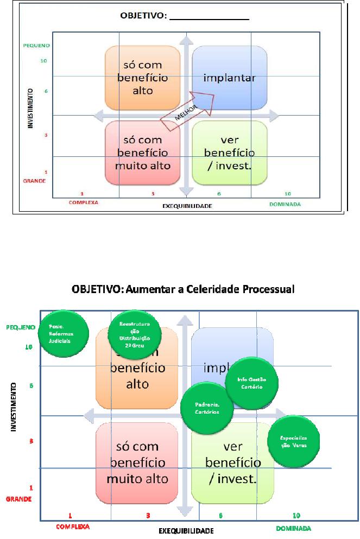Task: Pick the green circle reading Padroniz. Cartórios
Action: pyautogui.click(x=207, y=408)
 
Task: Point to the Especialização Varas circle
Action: pyautogui.click(x=294, y=441)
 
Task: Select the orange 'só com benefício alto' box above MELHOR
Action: pyautogui.click(x=142, y=78)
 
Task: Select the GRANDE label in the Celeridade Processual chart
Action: pyautogui.click(x=19, y=498)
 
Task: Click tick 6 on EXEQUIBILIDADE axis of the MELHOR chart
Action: pyautogui.click(x=219, y=194)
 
